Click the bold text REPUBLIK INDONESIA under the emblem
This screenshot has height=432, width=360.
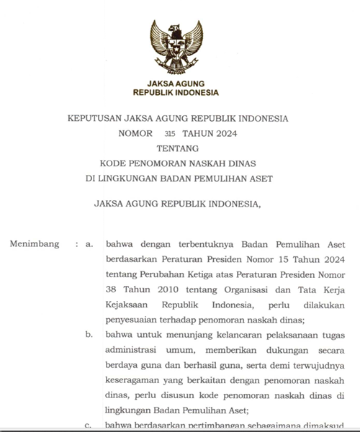176,93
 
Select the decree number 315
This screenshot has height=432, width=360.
170,133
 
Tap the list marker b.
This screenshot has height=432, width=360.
89,335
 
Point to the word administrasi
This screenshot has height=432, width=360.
134,350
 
